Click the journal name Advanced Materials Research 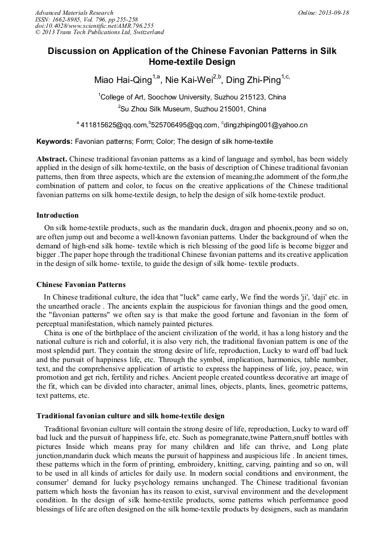point(74,13)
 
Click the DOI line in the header point(94,26)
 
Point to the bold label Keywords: point(55,141)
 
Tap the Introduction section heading point(57,215)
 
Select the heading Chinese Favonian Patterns point(81,284)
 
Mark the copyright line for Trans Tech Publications point(99,33)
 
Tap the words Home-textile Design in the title point(192,62)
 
